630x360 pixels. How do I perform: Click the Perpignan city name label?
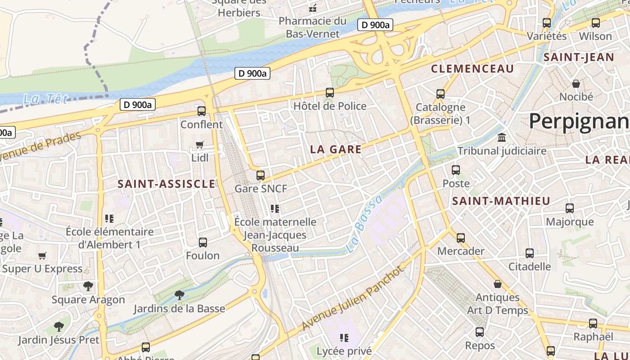[x=579, y=121]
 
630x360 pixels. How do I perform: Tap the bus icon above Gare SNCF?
[x=261, y=175]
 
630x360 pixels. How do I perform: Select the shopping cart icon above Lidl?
[x=200, y=145]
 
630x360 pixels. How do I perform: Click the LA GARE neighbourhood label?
[x=336, y=150]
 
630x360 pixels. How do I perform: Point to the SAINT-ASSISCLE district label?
[x=166, y=184]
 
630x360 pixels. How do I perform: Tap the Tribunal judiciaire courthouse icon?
[x=501, y=137]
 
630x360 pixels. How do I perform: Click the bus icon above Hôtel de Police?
[x=330, y=93]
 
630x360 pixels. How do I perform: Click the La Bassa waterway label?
[x=364, y=224]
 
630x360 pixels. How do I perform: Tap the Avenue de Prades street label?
[x=40, y=148]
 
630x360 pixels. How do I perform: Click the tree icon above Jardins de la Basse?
[x=180, y=295]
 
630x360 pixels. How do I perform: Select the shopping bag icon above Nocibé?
[x=576, y=83]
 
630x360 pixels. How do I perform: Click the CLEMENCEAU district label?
[x=472, y=69]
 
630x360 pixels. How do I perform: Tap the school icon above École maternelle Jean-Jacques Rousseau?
[x=275, y=209]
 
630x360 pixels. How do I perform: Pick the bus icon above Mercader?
[x=461, y=238]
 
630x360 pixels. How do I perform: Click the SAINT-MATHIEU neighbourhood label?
[x=501, y=201]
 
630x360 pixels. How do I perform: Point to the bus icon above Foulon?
[x=203, y=243]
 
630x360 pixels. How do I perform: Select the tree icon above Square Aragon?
[x=88, y=286]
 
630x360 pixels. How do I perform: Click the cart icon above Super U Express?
[x=42, y=256]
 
